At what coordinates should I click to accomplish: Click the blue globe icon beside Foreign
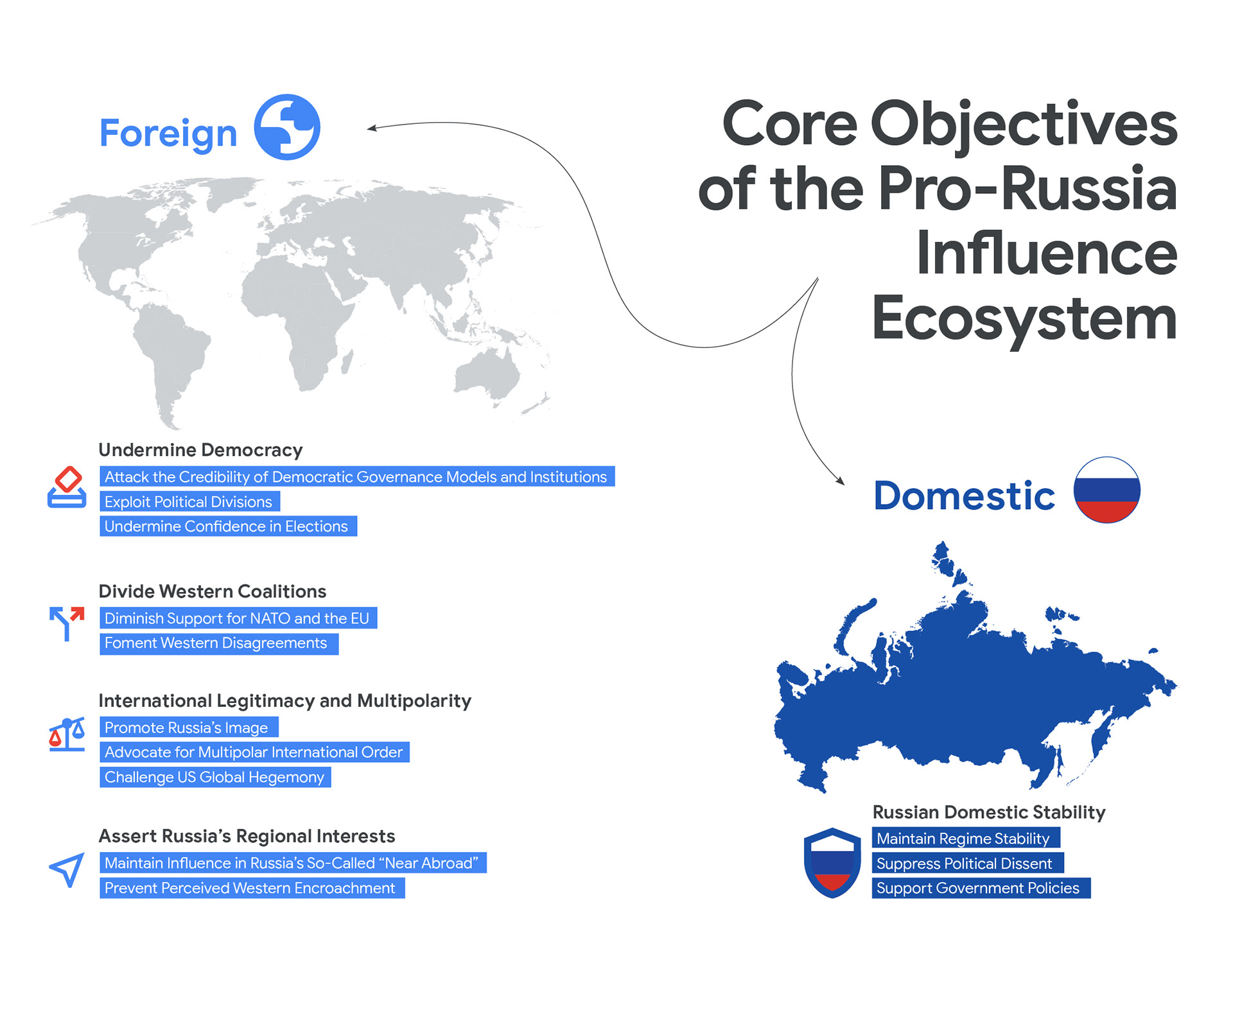pyautogui.click(x=287, y=127)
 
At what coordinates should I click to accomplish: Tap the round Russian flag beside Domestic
pyautogui.click(x=1106, y=490)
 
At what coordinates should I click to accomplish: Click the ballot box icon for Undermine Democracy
pyautogui.click(x=67, y=487)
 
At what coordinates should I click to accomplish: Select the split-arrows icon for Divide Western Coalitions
pyautogui.click(x=67, y=623)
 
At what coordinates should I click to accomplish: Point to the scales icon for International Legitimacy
pyautogui.click(x=67, y=734)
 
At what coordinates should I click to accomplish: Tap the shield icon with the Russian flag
pyautogui.click(x=832, y=863)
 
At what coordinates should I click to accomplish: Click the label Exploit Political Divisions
pyautogui.click(x=189, y=501)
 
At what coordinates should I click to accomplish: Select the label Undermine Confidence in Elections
pyautogui.click(x=228, y=526)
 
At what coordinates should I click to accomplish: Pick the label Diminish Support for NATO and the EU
pyautogui.click(x=238, y=618)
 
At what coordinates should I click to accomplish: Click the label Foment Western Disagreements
pyautogui.click(x=219, y=643)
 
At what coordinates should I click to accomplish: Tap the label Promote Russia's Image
pyautogui.click(x=189, y=727)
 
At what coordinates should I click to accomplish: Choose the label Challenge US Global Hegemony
pyautogui.click(x=215, y=777)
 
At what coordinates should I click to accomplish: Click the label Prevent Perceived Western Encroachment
pyautogui.click(x=252, y=888)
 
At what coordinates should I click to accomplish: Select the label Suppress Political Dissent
pyautogui.click(x=968, y=864)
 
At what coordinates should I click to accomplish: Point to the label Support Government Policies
pyautogui.click(x=981, y=888)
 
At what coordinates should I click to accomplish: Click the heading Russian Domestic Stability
pyautogui.click(x=989, y=812)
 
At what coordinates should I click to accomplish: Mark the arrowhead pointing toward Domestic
pyautogui.click(x=839, y=480)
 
